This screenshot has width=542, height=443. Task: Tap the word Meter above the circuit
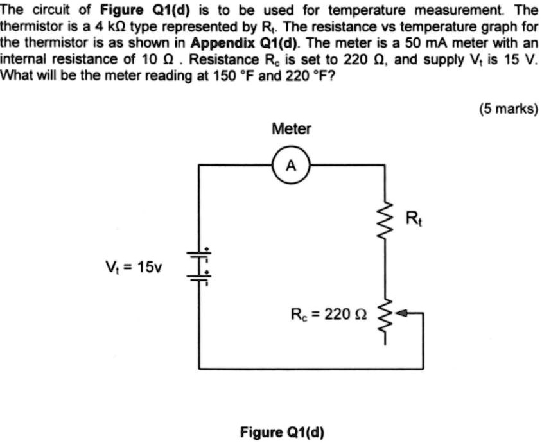tap(291, 129)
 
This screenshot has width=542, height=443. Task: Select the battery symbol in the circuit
tap(199, 265)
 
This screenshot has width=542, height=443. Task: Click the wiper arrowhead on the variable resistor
tap(403, 314)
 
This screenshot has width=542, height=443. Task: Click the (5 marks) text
tap(507, 109)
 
